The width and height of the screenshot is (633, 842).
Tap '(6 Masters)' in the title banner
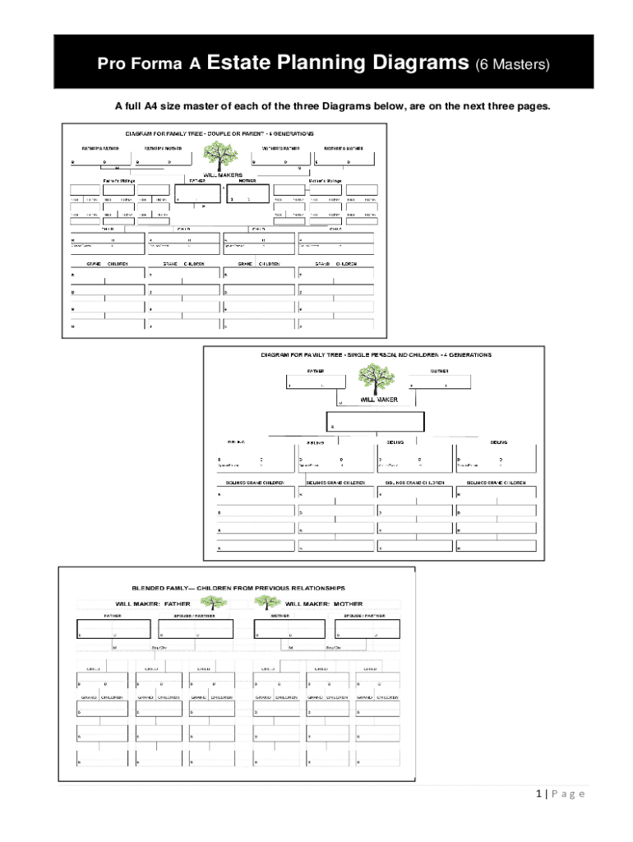(511, 63)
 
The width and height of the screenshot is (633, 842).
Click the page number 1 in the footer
(538, 793)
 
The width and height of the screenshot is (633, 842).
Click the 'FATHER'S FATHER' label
(99, 149)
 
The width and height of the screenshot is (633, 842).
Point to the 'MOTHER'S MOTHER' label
(344, 149)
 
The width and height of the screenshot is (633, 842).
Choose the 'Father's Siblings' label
(119, 180)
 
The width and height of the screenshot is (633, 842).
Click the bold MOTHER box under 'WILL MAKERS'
(248, 194)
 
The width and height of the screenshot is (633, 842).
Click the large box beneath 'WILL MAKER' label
(376, 421)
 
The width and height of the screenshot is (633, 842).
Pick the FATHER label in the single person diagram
(316, 371)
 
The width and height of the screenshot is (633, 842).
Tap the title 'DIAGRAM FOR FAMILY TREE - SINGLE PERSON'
(376, 355)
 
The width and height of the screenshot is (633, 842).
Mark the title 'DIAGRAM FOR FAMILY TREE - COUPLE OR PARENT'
(219, 133)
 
